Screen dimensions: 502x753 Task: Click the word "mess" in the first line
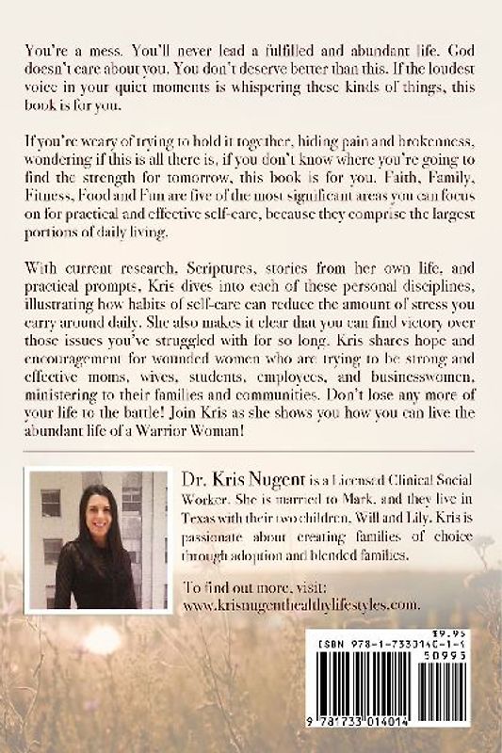(104, 47)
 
